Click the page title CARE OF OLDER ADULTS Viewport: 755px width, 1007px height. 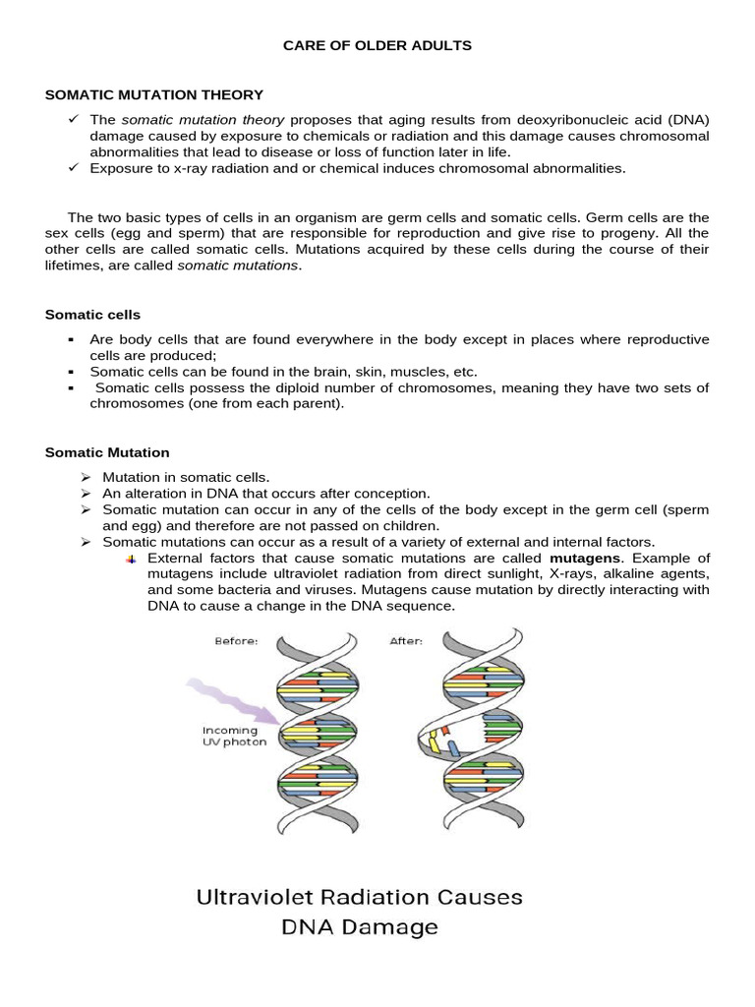[x=377, y=45]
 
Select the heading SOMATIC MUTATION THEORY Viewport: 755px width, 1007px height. [x=154, y=95]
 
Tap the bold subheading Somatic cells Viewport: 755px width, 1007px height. [x=92, y=315]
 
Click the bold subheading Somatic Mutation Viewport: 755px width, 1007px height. [x=107, y=452]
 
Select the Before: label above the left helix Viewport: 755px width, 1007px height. [x=236, y=641]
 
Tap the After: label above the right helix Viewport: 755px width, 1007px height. [x=406, y=641]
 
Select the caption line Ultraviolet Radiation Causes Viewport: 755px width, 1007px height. [x=359, y=897]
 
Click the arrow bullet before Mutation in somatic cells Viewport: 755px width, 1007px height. [x=86, y=477]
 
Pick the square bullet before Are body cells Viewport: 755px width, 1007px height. [x=73, y=340]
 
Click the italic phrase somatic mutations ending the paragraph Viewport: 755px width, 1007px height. [x=237, y=267]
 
